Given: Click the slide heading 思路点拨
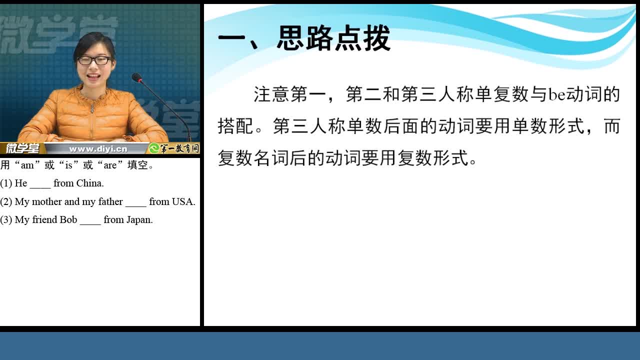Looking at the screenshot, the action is (x=333, y=38).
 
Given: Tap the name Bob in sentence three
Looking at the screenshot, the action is (x=68, y=219).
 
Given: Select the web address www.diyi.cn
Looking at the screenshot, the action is (x=98, y=149).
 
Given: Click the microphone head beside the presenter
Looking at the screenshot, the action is (x=137, y=77).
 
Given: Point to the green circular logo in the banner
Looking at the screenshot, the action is (x=154, y=148).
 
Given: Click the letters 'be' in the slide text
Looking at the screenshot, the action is (x=557, y=94).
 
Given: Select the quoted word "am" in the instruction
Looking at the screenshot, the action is (x=27, y=165).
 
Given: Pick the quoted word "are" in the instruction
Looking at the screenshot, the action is (x=110, y=165).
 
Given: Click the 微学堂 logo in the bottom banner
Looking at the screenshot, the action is (x=23, y=148).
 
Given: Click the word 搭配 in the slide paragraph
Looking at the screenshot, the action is (x=235, y=126).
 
